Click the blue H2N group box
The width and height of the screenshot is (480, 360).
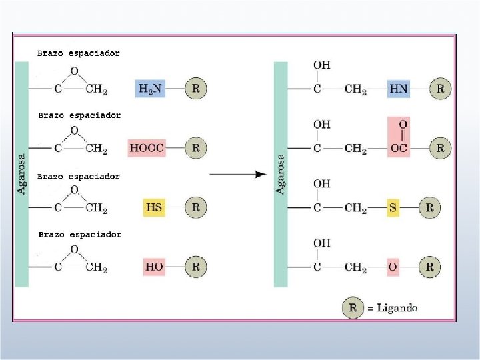[151, 88]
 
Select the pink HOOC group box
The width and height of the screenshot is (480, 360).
[147, 148]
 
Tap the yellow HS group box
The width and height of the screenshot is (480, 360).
[154, 207]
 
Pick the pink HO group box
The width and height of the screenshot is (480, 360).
[154, 267]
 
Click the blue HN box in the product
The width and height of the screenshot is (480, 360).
[399, 89]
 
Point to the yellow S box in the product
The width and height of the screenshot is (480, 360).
[393, 208]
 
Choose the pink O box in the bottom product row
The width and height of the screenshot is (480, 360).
[393, 267]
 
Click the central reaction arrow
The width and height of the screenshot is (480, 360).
[238, 175]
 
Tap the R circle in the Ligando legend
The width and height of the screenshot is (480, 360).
[353, 308]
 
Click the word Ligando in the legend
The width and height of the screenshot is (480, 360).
[397, 308]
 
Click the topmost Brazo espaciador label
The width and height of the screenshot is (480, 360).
[79, 53]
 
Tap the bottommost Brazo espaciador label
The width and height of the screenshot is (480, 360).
[80, 235]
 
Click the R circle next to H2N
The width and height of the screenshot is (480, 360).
[195, 88]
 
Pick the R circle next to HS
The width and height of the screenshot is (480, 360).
[195, 207]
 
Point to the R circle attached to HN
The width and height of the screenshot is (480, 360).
[439, 88]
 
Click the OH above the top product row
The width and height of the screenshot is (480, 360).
[321, 65]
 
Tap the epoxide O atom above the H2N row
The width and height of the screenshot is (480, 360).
[74, 71]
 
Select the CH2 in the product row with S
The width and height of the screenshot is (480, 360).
[355, 208]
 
